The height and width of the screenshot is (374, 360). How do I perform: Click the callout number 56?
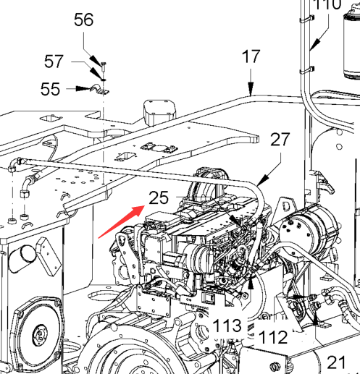(83, 20)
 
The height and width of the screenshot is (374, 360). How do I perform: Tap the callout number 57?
(54, 61)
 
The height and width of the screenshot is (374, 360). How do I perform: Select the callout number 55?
(50, 89)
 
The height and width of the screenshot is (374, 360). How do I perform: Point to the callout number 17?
(251, 56)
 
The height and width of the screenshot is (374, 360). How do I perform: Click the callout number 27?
(280, 140)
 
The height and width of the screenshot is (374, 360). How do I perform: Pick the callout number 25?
(159, 197)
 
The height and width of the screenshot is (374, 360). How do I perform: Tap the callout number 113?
(227, 326)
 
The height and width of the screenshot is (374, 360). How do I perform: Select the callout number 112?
(273, 337)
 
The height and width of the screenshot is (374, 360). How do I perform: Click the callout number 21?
(336, 362)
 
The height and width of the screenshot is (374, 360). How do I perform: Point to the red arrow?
(122, 221)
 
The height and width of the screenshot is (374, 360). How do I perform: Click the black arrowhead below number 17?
(251, 89)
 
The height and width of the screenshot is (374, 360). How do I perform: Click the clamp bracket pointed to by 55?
(99, 90)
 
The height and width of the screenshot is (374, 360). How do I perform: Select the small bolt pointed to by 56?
(104, 67)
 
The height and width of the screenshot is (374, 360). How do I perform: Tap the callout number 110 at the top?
(327, 4)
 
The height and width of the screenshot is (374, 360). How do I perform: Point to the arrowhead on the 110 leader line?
(315, 44)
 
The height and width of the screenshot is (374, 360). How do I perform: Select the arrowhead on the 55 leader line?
(83, 89)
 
